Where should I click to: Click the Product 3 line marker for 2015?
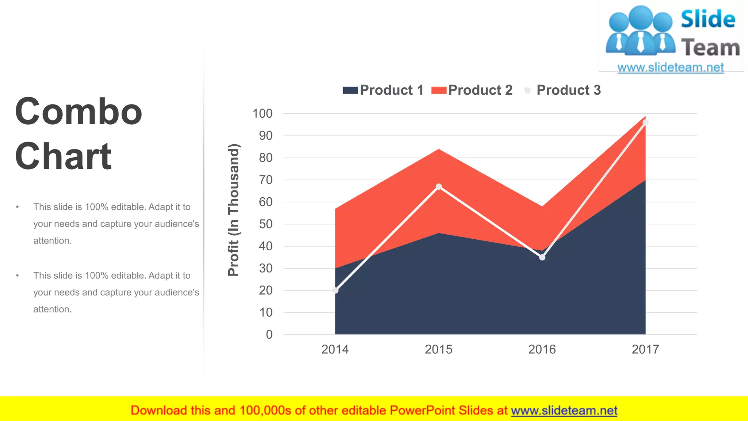pos(439,187)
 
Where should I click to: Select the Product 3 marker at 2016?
pos(542,257)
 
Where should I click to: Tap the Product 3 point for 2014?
pos(335,291)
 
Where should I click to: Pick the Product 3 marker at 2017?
pos(645,122)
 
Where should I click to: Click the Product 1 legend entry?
pos(383,90)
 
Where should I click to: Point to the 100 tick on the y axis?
pos(262,114)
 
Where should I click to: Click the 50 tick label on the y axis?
pos(266,224)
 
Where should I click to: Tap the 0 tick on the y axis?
pos(269,334)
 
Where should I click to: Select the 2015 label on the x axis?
pos(438,349)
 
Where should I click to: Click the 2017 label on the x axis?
pos(645,349)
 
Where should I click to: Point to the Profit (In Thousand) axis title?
pos(233,210)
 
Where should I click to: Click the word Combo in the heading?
pos(79,111)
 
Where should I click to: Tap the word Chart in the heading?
pos(63,156)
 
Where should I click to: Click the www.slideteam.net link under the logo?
pos(670,68)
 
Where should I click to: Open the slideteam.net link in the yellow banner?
pos(564,410)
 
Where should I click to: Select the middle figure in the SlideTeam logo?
pos(641,31)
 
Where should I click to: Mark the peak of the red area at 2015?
pos(439,150)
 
